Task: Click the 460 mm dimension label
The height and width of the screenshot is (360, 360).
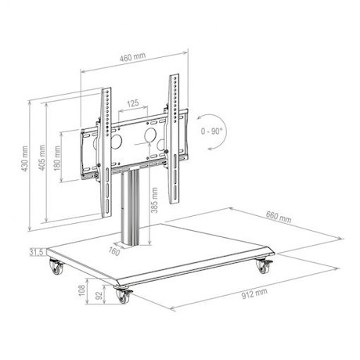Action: point(133,57)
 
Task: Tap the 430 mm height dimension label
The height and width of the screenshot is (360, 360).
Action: point(24,158)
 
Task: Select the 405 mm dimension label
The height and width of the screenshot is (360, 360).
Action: point(42,157)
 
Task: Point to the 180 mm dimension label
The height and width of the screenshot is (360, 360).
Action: point(58,158)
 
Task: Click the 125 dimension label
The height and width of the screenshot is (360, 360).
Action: point(133,103)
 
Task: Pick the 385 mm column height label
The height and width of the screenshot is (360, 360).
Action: point(154,200)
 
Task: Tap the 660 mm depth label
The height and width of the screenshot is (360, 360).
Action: point(279,217)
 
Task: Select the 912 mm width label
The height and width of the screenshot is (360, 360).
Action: point(254,293)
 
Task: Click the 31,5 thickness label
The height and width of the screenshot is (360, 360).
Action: point(37,253)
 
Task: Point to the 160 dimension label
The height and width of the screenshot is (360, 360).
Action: point(113,251)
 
